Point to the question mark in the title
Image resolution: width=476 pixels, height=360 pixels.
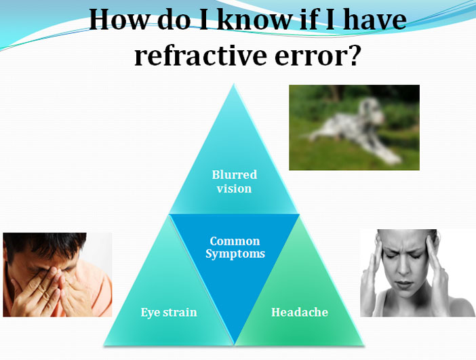pyautogui.click(x=353, y=55)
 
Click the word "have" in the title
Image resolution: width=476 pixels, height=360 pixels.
pyautogui.click(x=374, y=20)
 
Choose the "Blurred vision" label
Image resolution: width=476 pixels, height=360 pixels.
pyautogui.click(x=235, y=182)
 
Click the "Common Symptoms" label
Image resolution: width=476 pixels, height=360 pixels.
pyautogui.click(x=235, y=247)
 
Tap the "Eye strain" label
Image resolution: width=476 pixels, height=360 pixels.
pyautogui.click(x=169, y=313)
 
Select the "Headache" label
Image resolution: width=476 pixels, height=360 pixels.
pyautogui.click(x=300, y=312)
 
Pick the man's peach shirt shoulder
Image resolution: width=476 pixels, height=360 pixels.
pyautogui.click(x=97, y=288)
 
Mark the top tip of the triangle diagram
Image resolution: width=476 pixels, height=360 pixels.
pyautogui.click(x=234, y=84)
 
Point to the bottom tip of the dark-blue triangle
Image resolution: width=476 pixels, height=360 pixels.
pyautogui.click(x=234, y=344)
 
